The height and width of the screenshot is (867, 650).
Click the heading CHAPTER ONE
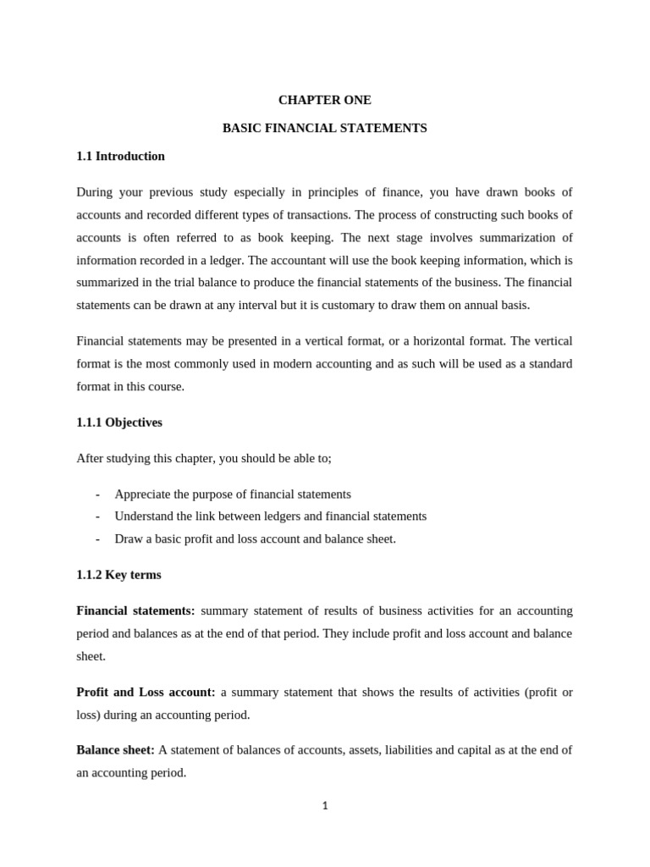[x=324, y=100]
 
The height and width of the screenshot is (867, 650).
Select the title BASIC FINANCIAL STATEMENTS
[x=324, y=128]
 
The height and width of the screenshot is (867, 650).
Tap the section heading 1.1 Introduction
[x=120, y=156]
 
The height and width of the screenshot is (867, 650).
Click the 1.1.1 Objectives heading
[x=119, y=422]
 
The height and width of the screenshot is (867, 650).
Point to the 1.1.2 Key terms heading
[x=118, y=574]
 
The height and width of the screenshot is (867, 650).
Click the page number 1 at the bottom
[x=325, y=805]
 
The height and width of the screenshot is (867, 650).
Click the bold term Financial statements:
[x=135, y=610]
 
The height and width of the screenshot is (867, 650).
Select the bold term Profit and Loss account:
[x=146, y=692]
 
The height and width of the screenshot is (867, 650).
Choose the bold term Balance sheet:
[x=115, y=749]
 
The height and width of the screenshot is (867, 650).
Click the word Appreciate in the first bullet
[x=145, y=494]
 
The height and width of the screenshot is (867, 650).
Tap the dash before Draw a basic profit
[x=97, y=538]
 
